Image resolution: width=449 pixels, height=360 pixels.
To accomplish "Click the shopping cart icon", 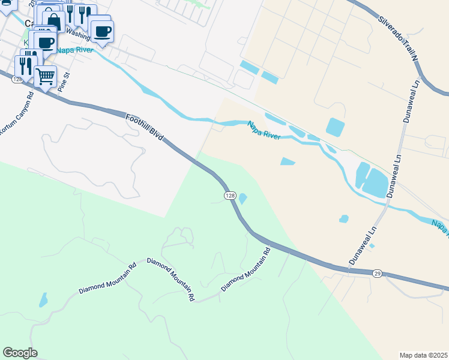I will tap(45, 76).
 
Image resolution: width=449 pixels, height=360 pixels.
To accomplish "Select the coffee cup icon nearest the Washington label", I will tap(100, 31).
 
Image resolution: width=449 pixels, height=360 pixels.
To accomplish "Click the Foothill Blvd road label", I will tap(145, 127).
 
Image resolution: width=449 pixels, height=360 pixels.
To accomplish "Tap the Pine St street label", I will tap(67, 80).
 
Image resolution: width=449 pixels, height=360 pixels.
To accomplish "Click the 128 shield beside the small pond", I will tap(230, 196).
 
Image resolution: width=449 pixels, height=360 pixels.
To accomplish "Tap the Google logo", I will tap(20, 353).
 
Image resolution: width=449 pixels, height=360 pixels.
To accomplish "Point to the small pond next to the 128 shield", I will tap(243, 198).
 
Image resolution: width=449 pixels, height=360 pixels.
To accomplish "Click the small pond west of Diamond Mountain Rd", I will tap(43, 299).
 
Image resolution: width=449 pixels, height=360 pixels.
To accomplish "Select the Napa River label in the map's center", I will tap(264, 130).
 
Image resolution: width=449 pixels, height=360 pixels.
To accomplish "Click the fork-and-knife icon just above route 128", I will tap(25, 64).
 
